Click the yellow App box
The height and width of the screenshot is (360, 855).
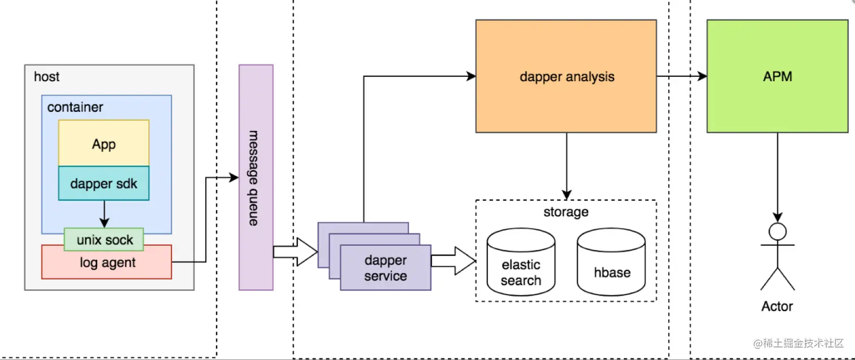[104, 143]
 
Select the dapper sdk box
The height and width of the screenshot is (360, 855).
[104, 183]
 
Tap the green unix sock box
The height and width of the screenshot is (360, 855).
[104, 240]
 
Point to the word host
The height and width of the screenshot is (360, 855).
[46, 77]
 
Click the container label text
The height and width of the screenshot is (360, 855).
[75, 107]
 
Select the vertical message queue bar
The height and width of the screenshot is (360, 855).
[256, 177]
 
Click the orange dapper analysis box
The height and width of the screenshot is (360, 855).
[566, 76]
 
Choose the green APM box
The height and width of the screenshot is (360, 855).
[778, 76]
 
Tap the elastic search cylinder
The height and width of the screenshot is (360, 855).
[521, 262]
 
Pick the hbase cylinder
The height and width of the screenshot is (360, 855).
[611, 262]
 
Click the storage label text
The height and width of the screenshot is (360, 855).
[566, 212]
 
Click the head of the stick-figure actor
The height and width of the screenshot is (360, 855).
[778, 232]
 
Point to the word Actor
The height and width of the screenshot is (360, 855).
[777, 306]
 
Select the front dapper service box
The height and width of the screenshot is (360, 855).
[386, 268]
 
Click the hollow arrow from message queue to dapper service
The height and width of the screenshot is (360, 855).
[295, 251]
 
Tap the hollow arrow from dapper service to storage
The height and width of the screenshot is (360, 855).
[454, 261]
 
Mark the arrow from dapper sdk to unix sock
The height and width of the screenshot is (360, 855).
[104, 214]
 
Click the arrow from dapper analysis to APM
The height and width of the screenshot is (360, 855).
[682, 76]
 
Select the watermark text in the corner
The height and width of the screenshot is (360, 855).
[798, 343]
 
